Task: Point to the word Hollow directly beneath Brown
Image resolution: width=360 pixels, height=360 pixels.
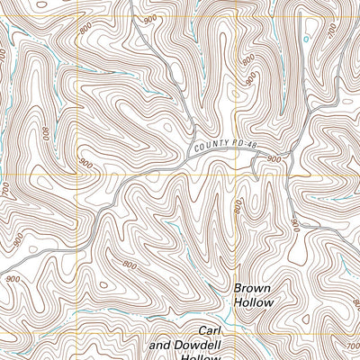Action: tap(253, 303)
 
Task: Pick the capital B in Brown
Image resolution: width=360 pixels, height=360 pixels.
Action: tap(238, 289)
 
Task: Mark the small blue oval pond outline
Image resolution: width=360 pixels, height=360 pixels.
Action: tap(307, 40)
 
